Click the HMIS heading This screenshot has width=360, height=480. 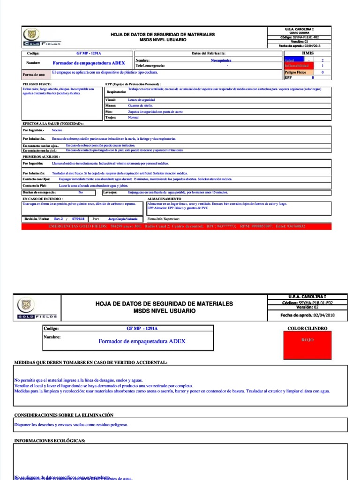point(308,53)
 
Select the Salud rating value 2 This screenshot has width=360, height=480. point(322,60)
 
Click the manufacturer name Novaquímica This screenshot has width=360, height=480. point(221,60)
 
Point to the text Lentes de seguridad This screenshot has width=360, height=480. point(142,100)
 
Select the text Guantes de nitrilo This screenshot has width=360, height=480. point(141,106)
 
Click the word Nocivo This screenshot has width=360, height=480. point(57,130)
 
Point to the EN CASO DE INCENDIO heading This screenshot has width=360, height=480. point(43,199)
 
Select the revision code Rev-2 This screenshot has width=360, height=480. point(59,219)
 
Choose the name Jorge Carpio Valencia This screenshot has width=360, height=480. point(123,219)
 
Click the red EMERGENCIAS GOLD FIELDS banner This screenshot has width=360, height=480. point(176,226)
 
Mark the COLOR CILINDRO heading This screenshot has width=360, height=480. point(307,329)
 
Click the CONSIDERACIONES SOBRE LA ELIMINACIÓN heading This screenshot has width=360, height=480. point(64,415)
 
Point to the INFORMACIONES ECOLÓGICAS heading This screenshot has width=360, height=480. point(50,441)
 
